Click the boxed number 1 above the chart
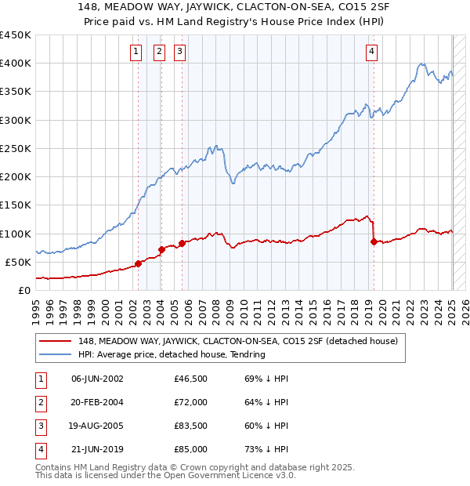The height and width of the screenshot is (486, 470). (x=136, y=53)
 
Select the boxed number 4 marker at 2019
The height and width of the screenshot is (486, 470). (x=371, y=53)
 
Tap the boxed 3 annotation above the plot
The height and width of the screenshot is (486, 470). (x=180, y=53)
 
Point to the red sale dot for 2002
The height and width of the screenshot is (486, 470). (x=139, y=263)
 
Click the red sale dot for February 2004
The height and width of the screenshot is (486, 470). (x=161, y=249)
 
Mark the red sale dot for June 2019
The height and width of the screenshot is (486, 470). (x=374, y=241)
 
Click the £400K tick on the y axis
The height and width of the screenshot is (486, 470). (x=16, y=63)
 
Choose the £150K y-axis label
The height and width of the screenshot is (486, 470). (x=16, y=205)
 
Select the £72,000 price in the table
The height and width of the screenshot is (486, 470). (x=190, y=403)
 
